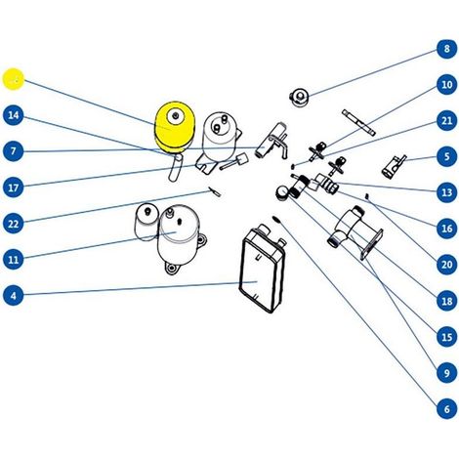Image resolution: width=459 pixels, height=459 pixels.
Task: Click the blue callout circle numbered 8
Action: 446,49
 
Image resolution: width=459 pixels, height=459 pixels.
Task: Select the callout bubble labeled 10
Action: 446,84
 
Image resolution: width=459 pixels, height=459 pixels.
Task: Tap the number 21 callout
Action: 446,120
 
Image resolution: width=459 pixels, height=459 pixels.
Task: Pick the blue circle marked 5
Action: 446,156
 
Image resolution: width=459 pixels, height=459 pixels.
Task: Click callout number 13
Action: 446,192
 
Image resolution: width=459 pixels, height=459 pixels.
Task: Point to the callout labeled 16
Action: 446,229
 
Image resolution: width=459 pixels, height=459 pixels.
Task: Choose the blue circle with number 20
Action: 446,265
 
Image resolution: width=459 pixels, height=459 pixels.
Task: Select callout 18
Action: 446,301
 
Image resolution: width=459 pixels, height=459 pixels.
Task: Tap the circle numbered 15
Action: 446,337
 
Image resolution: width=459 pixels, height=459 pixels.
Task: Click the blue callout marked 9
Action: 446,373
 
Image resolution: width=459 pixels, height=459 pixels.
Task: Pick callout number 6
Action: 446,408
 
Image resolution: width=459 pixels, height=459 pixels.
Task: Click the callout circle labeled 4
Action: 14,296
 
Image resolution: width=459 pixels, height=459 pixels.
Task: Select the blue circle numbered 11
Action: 14,260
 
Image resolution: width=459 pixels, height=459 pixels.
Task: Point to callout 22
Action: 14,224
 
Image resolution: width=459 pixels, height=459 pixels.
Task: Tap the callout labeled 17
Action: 14,188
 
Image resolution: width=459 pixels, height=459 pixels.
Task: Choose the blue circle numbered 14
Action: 14,115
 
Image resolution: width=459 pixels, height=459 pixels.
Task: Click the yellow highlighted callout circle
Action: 14,79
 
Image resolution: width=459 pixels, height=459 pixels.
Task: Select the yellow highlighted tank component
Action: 175,127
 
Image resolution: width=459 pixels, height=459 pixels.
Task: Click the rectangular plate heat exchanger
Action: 263,269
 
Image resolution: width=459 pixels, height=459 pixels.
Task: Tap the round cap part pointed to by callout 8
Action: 299,97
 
